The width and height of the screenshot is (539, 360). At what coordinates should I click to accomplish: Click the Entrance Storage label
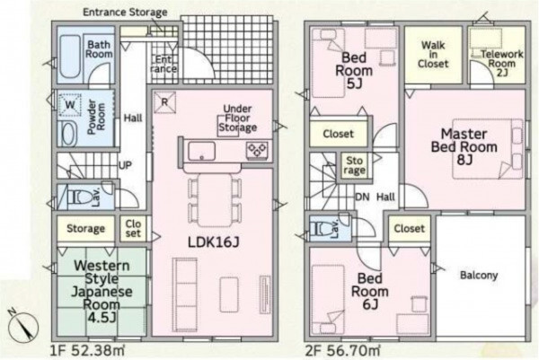point(125,13)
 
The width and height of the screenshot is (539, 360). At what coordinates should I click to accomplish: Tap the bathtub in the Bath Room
point(70,57)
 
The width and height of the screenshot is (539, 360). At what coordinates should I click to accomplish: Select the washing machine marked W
point(70,104)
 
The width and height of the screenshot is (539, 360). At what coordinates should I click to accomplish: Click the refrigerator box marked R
point(164,102)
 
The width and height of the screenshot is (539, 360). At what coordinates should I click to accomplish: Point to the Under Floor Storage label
point(237,119)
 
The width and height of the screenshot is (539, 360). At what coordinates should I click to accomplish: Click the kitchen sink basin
point(202,152)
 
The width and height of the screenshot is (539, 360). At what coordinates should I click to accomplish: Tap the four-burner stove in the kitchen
point(257,151)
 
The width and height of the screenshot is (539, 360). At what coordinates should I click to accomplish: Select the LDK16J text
point(213,242)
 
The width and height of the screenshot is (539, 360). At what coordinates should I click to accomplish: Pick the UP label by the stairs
point(125,165)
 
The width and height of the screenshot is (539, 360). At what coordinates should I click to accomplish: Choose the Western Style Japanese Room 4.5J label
point(102,291)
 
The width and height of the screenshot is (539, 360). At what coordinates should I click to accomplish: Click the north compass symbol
point(23,325)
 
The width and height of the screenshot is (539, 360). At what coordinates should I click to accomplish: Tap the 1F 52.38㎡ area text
point(87,351)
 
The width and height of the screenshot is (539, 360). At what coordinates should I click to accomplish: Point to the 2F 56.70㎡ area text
point(343,351)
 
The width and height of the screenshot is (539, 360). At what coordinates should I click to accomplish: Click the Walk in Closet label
point(433,55)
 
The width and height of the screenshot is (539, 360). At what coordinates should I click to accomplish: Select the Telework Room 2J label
point(502,64)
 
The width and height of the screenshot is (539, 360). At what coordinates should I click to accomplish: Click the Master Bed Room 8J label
point(464,146)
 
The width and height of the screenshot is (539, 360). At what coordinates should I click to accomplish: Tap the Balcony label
point(479,275)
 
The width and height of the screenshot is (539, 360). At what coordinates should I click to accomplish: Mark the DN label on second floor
point(362,197)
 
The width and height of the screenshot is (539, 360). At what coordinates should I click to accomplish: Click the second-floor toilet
point(321,228)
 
